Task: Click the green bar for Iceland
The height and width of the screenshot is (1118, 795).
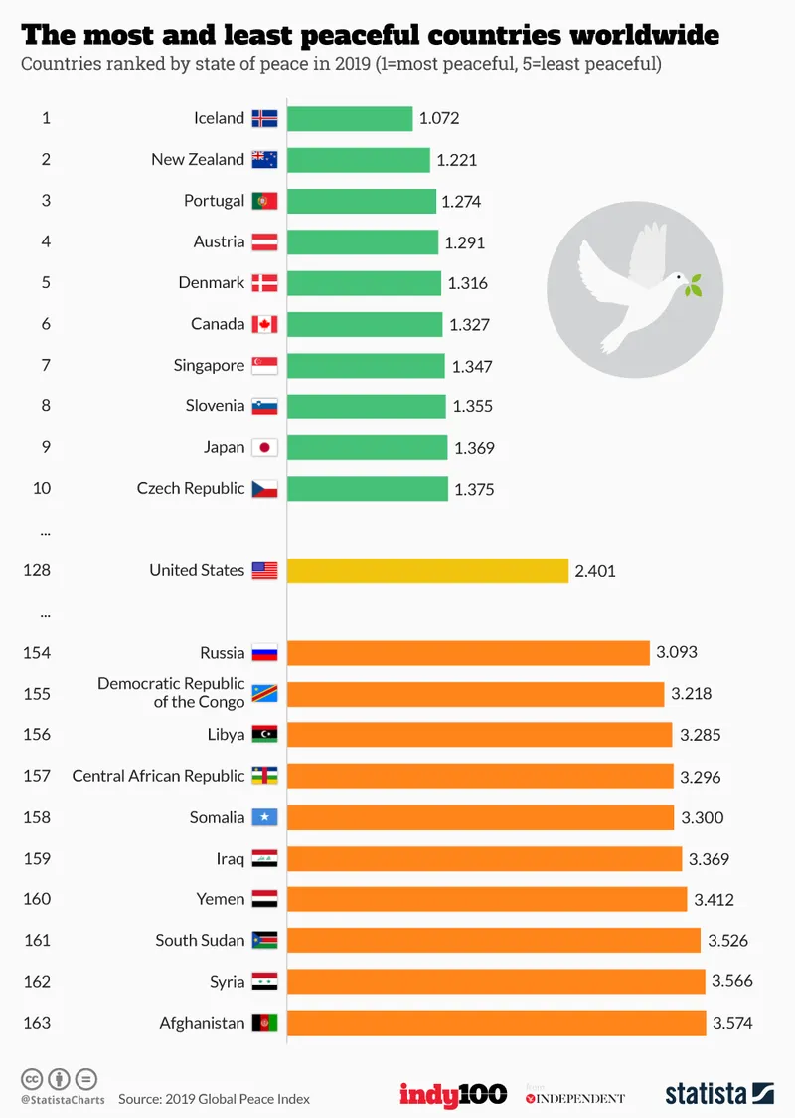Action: tap(350, 118)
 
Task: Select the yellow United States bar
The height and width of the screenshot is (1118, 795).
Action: tap(427, 570)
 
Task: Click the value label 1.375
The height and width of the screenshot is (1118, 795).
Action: tap(474, 489)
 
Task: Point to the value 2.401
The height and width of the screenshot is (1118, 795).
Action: tap(594, 571)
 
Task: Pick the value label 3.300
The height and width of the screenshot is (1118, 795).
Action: tap(702, 818)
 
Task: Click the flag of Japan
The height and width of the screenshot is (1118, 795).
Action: tap(265, 448)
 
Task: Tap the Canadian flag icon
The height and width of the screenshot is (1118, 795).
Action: tap(265, 325)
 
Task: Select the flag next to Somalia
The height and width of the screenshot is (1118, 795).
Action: tap(265, 818)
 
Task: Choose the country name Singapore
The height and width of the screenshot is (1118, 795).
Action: tap(209, 366)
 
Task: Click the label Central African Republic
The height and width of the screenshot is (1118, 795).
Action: tap(158, 776)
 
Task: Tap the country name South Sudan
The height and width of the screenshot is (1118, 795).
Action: tap(200, 940)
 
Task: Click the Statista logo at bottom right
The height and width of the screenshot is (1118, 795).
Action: tap(718, 1093)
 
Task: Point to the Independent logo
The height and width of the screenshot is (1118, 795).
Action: tap(575, 1097)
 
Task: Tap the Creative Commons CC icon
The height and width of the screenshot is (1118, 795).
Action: tap(32, 1079)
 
